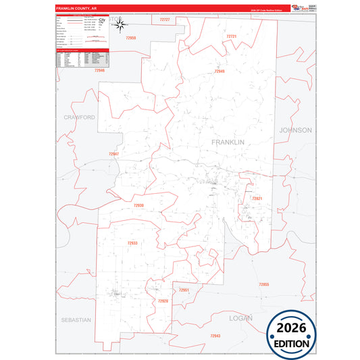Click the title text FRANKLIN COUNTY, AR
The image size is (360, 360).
pyautogui.click(x=76, y=9)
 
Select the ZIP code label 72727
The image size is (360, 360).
pyautogui.click(x=164, y=20)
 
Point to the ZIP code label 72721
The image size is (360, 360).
pyautogui.click(x=232, y=36)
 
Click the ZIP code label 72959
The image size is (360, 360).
pyautogui.click(x=131, y=38)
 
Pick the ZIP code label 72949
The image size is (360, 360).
pyautogui.click(x=220, y=71)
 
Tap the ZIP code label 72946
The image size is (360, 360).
pyautogui.click(x=100, y=70)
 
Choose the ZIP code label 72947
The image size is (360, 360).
pyautogui.click(x=113, y=154)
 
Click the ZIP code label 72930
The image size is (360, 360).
pyautogui.click(x=138, y=205)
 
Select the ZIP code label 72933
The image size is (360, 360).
pyautogui.click(x=132, y=243)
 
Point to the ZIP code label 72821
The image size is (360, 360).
pyautogui.click(x=257, y=199)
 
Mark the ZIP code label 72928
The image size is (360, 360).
pyautogui.click(x=163, y=301)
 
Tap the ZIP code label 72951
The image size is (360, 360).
pyautogui.click(x=184, y=290)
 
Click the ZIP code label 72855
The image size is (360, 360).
pyautogui.click(x=263, y=285)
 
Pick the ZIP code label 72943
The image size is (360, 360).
pyautogui.click(x=215, y=336)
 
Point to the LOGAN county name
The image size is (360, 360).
pyautogui.click(x=240, y=317)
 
